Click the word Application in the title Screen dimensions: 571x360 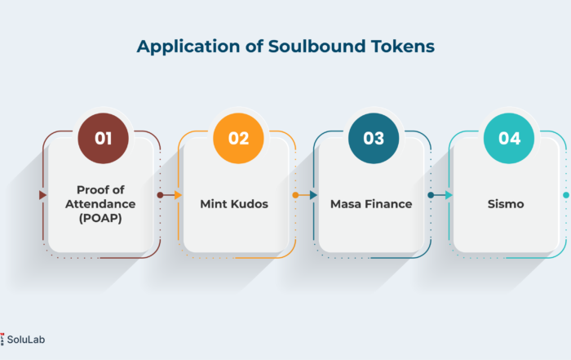(x=188, y=47)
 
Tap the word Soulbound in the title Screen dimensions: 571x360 (x=316, y=47)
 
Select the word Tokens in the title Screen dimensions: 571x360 (x=403, y=47)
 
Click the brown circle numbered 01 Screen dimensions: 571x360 (x=103, y=139)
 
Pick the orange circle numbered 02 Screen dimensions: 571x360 (x=238, y=139)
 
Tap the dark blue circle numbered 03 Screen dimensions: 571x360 (x=374, y=139)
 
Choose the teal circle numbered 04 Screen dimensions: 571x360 (x=509, y=139)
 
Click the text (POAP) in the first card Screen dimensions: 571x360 (x=100, y=218)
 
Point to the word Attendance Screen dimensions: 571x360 (x=100, y=204)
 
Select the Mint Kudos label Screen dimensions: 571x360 (x=234, y=204)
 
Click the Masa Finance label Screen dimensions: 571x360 (x=371, y=204)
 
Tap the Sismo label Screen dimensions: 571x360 (x=506, y=204)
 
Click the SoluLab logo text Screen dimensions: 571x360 (x=26, y=340)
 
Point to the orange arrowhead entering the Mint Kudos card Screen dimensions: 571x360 (x=178, y=195)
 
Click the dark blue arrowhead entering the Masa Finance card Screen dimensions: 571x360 (x=313, y=195)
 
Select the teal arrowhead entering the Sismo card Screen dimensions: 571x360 (x=449, y=195)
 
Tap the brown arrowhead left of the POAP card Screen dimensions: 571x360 (x=43, y=195)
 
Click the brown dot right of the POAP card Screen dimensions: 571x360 (x=160, y=195)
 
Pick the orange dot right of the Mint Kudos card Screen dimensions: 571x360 (x=295, y=195)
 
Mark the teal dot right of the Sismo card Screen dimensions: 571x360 (x=566, y=195)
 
